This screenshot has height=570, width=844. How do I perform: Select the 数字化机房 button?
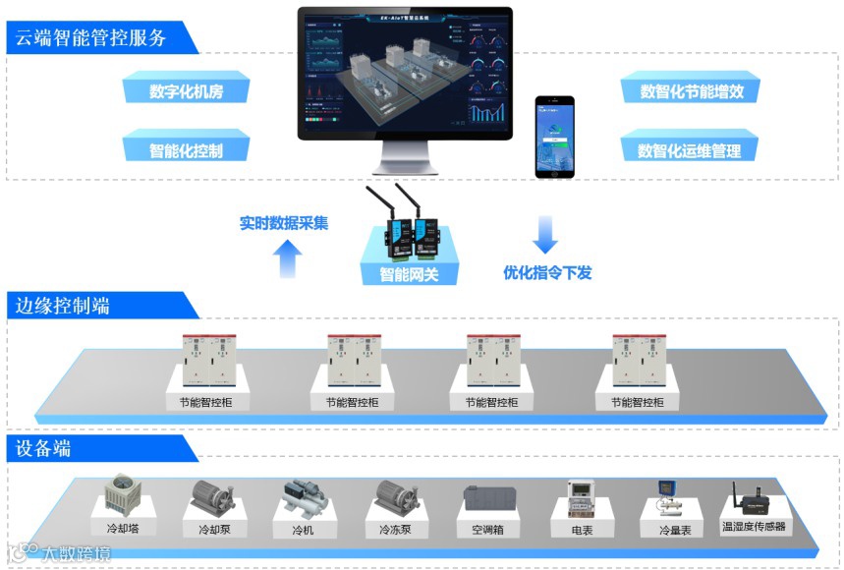pos(186,91)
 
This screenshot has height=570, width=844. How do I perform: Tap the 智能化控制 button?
pos(186,150)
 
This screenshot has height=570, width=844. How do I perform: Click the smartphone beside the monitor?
pos(554,137)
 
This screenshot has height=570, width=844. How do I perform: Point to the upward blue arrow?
pos(286,258)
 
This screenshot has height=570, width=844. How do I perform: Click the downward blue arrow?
pos(545,235)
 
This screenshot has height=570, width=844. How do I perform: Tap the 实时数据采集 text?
pos(284,223)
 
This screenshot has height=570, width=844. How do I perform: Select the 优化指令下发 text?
pos(547,273)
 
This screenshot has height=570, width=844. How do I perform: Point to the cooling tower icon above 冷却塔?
pos(123,494)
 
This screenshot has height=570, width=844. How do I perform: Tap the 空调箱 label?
pos(480,529)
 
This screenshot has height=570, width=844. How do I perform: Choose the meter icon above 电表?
pos(583,497)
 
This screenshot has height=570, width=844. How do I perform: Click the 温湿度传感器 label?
pos(754,527)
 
